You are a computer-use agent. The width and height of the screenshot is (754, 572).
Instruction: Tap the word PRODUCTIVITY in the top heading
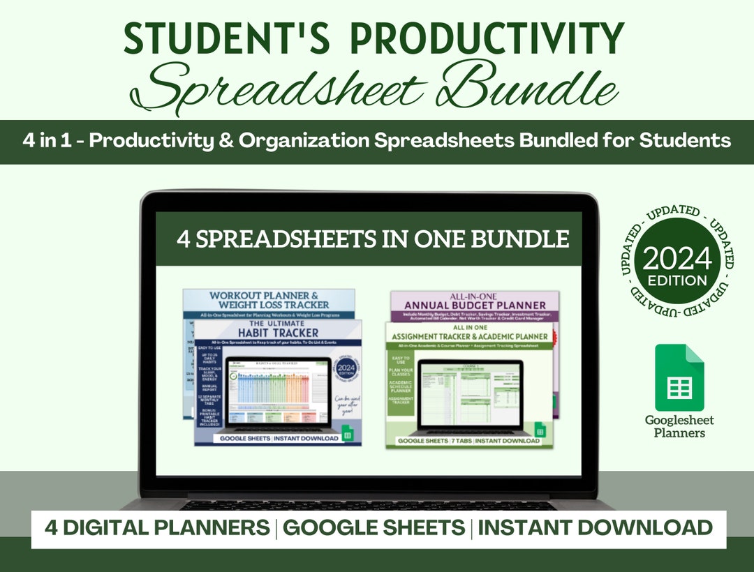click(x=487, y=39)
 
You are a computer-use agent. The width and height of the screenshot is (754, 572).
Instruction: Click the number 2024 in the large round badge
click(x=677, y=259)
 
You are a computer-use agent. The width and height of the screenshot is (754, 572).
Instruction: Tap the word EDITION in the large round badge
click(x=677, y=281)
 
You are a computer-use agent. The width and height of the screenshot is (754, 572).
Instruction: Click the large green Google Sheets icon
click(x=679, y=377)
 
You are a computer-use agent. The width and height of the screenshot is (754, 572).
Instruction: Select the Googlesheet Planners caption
click(x=679, y=426)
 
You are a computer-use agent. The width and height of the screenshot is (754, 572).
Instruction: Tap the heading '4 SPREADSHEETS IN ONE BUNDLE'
click(x=373, y=239)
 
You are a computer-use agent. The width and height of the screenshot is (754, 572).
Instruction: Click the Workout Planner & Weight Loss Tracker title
click(x=269, y=300)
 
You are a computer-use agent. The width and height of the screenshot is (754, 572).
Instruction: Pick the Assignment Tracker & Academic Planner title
click(x=469, y=335)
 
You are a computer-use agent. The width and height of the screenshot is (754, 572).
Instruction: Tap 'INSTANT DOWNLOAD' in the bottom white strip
click(x=595, y=527)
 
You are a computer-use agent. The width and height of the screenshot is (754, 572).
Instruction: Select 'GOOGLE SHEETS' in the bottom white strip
click(x=374, y=527)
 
